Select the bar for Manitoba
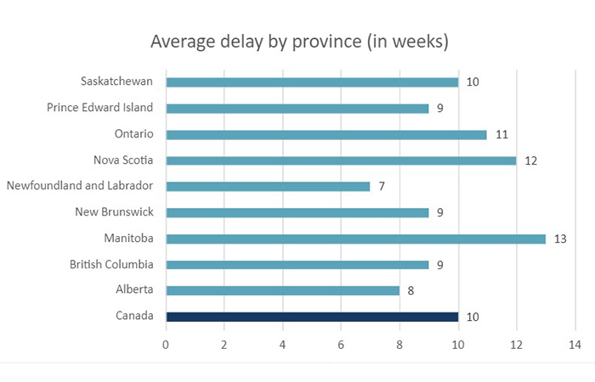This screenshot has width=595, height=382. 355,239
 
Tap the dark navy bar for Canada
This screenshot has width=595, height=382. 312,317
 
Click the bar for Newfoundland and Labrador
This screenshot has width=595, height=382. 268,186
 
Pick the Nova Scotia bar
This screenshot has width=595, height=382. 341,160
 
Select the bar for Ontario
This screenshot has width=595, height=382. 326,134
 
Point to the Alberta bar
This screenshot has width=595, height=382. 282,290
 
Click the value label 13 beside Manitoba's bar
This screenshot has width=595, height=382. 560,239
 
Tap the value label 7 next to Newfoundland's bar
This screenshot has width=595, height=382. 382,186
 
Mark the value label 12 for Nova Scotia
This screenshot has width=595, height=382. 530,160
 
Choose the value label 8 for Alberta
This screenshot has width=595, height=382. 411,291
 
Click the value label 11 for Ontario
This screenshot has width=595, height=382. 501,134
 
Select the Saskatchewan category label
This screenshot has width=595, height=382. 117,82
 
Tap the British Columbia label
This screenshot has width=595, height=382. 112,265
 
